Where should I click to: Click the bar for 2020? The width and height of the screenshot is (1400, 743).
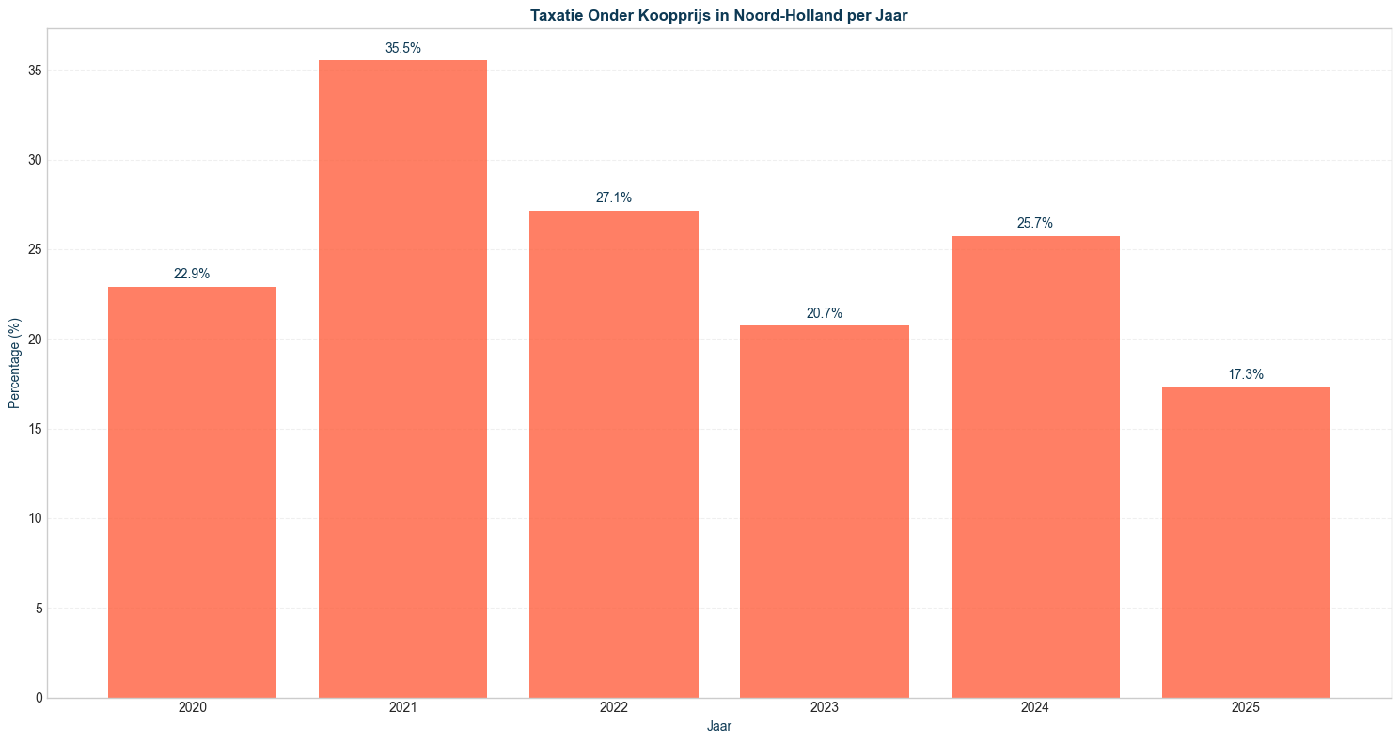click(x=192, y=492)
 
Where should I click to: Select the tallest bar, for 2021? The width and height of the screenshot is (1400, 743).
click(x=402, y=379)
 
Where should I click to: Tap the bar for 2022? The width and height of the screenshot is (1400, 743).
click(x=613, y=454)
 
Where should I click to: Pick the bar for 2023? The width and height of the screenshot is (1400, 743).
click(x=824, y=512)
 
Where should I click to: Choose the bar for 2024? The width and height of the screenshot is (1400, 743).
click(x=1034, y=466)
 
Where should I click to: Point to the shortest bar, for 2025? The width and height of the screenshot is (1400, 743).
click(x=1245, y=543)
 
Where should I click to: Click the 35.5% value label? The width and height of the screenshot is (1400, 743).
click(x=402, y=48)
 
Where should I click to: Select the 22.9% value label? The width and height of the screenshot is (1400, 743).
click(x=192, y=275)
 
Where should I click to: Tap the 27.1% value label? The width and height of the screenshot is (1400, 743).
click(x=613, y=198)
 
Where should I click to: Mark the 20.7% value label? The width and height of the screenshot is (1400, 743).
click(x=824, y=313)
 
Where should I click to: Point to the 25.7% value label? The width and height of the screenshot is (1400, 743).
click(x=1034, y=224)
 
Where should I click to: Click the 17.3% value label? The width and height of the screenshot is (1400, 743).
click(x=1245, y=375)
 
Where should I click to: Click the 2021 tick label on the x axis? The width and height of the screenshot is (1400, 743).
click(x=402, y=707)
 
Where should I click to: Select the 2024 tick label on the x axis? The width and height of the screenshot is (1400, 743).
click(x=1034, y=707)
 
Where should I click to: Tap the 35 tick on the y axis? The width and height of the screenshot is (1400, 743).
click(x=35, y=71)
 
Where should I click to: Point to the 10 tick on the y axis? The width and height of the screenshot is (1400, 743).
click(x=35, y=518)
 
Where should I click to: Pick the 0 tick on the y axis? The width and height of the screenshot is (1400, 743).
click(x=39, y=698)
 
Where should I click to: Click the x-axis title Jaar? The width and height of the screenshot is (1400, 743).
click(x=718, y=727)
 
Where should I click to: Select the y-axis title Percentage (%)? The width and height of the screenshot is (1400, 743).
click(x=14, y=363)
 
